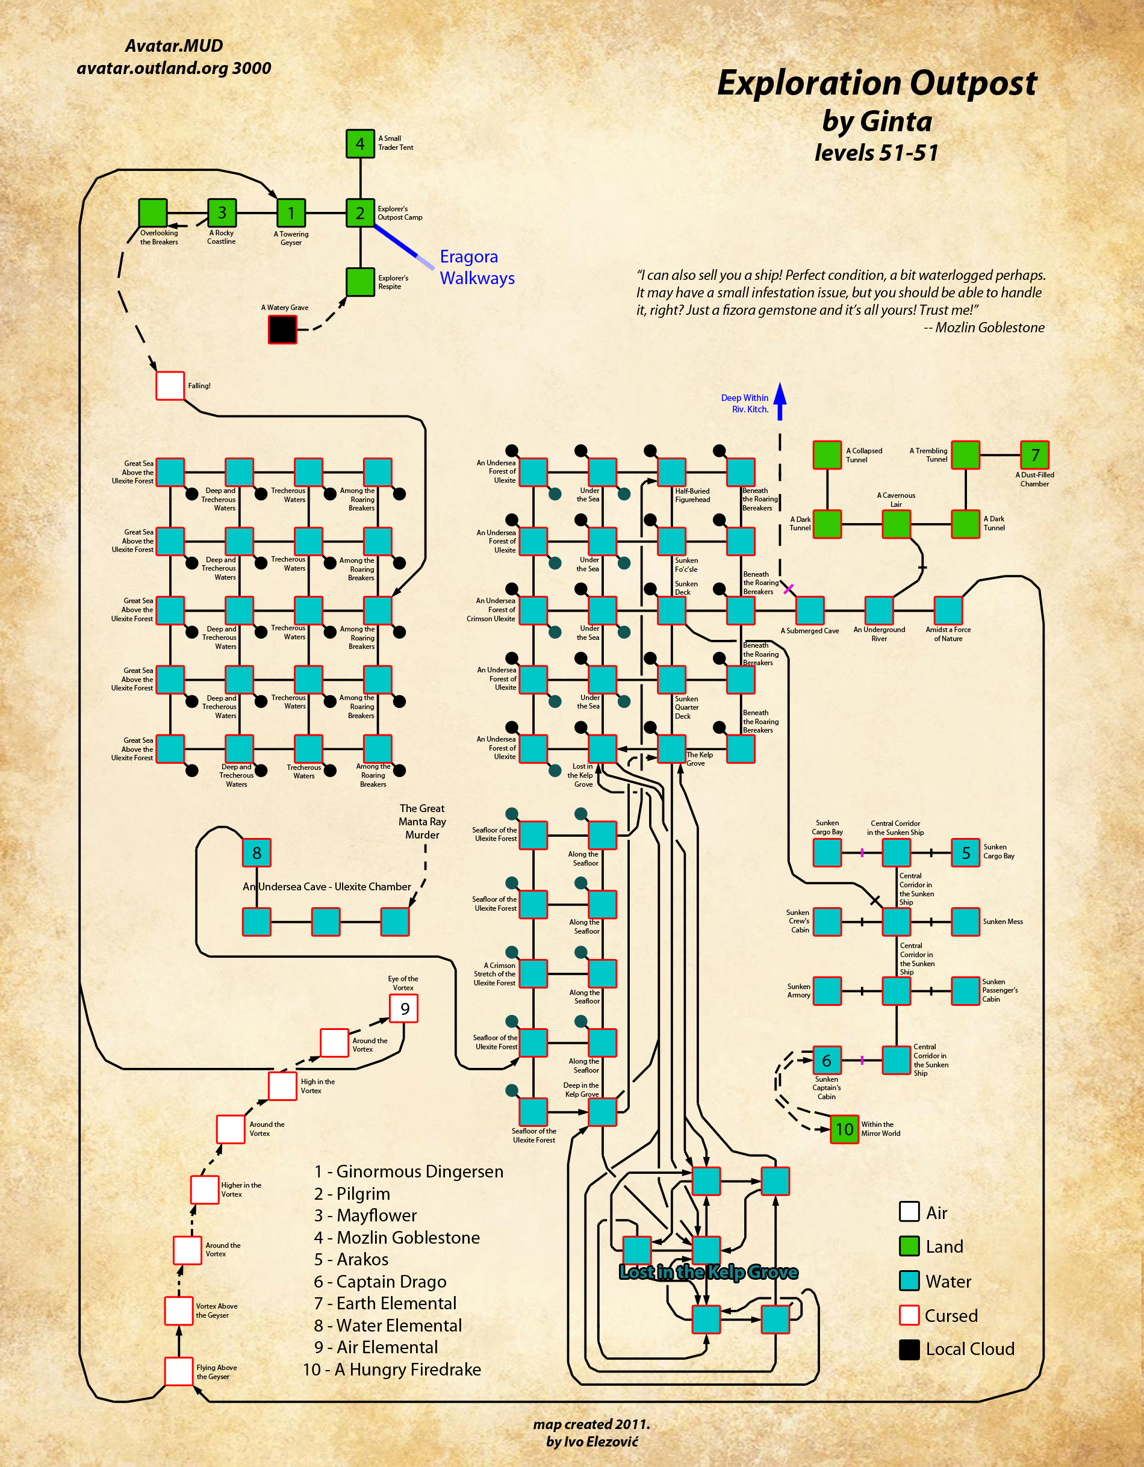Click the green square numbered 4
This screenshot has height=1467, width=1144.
pos(360,144)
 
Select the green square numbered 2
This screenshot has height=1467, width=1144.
pos(360,213)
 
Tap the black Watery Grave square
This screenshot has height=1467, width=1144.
pos(282,330)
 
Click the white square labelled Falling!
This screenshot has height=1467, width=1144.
pos(170,385)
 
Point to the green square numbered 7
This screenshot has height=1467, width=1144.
pos(1034,454)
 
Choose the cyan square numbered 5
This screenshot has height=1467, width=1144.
pos(965,852)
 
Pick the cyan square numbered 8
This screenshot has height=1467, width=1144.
pos(256,852)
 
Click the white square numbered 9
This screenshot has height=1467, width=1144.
pos(405,1008)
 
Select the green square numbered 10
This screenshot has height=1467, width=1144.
pos(844,1129)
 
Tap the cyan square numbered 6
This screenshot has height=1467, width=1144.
pos(827,1060)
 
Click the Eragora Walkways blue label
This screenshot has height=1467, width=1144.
pos(477,267)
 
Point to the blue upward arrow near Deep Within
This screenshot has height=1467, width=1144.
pos(780,401)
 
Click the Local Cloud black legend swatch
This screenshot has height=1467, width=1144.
pos(909,1350)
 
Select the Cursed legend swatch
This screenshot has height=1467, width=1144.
pos(909,1315)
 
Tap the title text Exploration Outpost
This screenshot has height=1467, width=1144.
pos(877,83)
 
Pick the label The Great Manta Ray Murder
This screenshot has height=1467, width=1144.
pos(422,822)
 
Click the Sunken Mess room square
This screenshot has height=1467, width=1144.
pos(965,922)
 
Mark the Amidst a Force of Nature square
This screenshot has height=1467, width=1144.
pos(948,610)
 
